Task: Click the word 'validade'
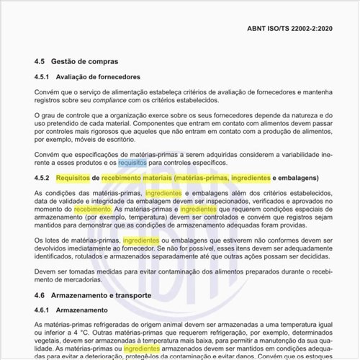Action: [73, 202]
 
